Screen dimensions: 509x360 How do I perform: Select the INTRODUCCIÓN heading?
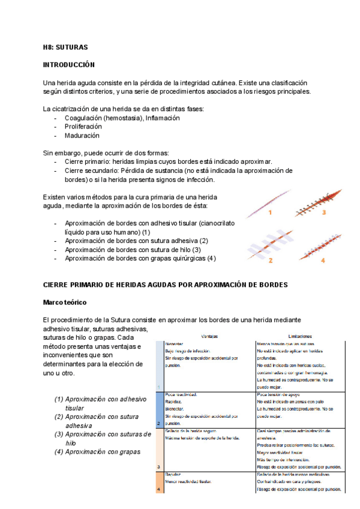[69, 64]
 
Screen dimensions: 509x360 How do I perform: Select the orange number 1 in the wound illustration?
[270, 212]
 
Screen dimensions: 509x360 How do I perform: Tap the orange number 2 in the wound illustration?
[271, 261]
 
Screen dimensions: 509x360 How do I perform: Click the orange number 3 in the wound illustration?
[323, 212]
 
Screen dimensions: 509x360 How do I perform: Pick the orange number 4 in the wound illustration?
[323, 261]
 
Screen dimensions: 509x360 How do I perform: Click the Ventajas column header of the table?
[209, 337]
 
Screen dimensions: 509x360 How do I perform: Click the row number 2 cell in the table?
[158, 423]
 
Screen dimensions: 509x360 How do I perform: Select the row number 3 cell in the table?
[158, 466]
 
